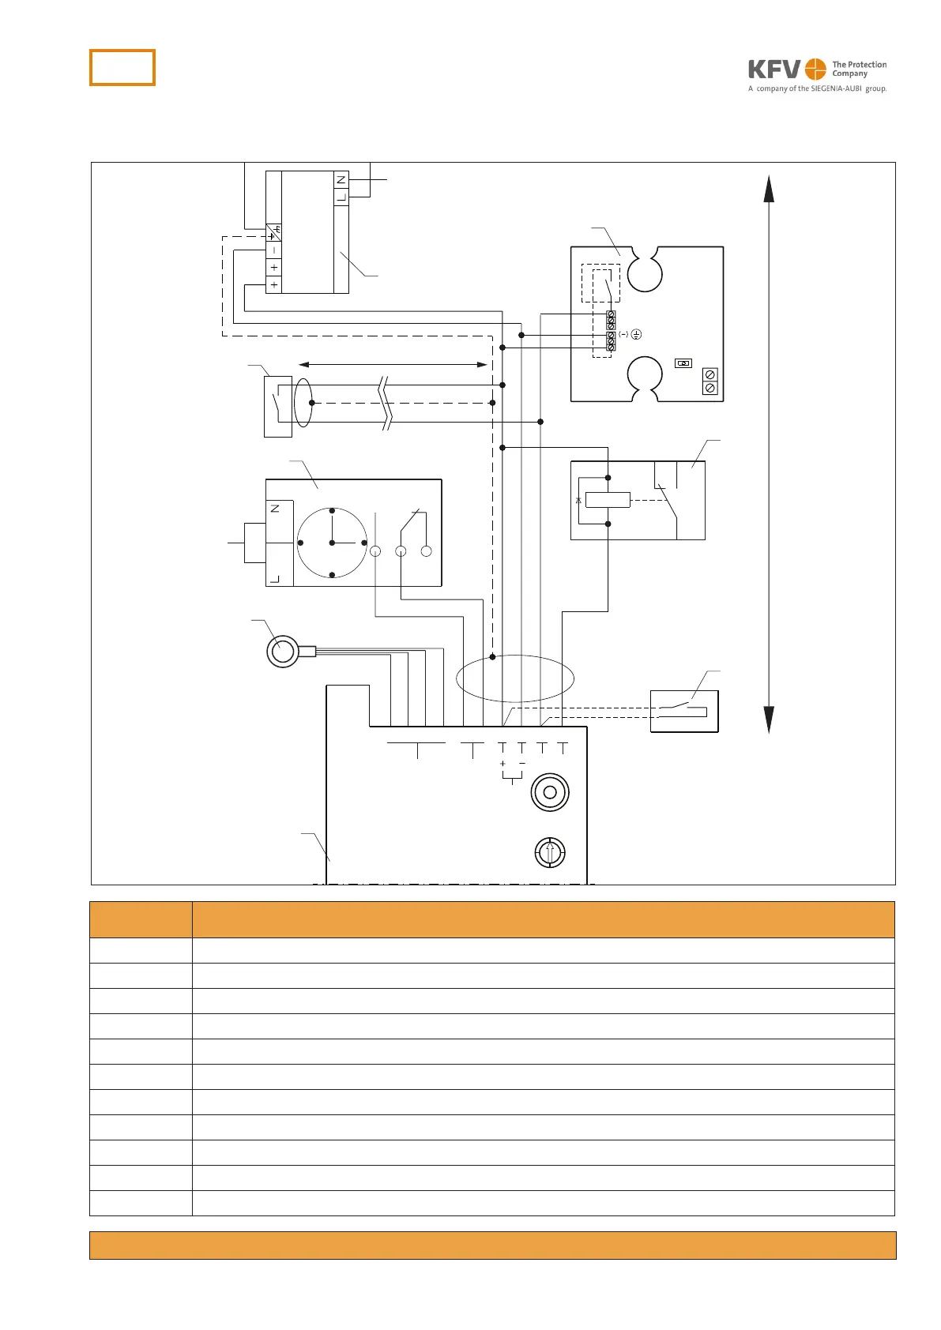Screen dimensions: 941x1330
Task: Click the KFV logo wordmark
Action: tap(774, 70)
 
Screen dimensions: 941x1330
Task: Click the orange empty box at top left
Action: tap(122, 67)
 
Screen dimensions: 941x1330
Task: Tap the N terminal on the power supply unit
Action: tap(341, 180)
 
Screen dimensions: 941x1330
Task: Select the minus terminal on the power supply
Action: tap(274, 250)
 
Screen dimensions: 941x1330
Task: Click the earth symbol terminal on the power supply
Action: tap(274, 233)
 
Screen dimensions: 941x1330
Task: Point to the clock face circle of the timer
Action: tap(332, 543)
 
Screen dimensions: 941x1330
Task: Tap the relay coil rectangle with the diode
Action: tap(607, 500)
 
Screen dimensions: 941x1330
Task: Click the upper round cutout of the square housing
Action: tap(644, 272)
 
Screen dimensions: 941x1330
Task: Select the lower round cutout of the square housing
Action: tap(644, 374)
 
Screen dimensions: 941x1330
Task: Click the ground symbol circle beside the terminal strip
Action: tap(636, 335)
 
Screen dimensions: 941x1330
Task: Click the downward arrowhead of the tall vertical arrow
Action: tap(769, 719)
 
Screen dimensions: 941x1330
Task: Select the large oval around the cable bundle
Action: tap(515, 678)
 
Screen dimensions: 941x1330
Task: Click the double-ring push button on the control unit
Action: tap(551, 792)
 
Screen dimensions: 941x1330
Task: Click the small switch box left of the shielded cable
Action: tap(277, 407)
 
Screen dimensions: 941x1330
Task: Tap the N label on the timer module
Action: tap(275, 508)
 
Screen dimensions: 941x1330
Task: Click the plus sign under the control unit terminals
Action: tap(502, 764)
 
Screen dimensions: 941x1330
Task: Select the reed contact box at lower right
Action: tap(684, 712)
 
